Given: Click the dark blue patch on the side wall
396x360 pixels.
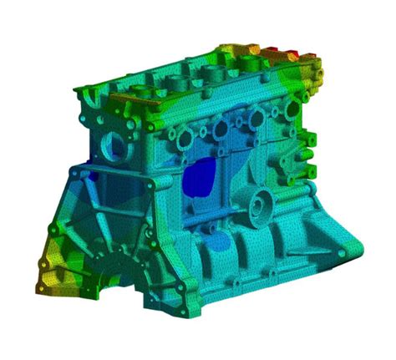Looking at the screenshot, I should [x=200, y=178].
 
